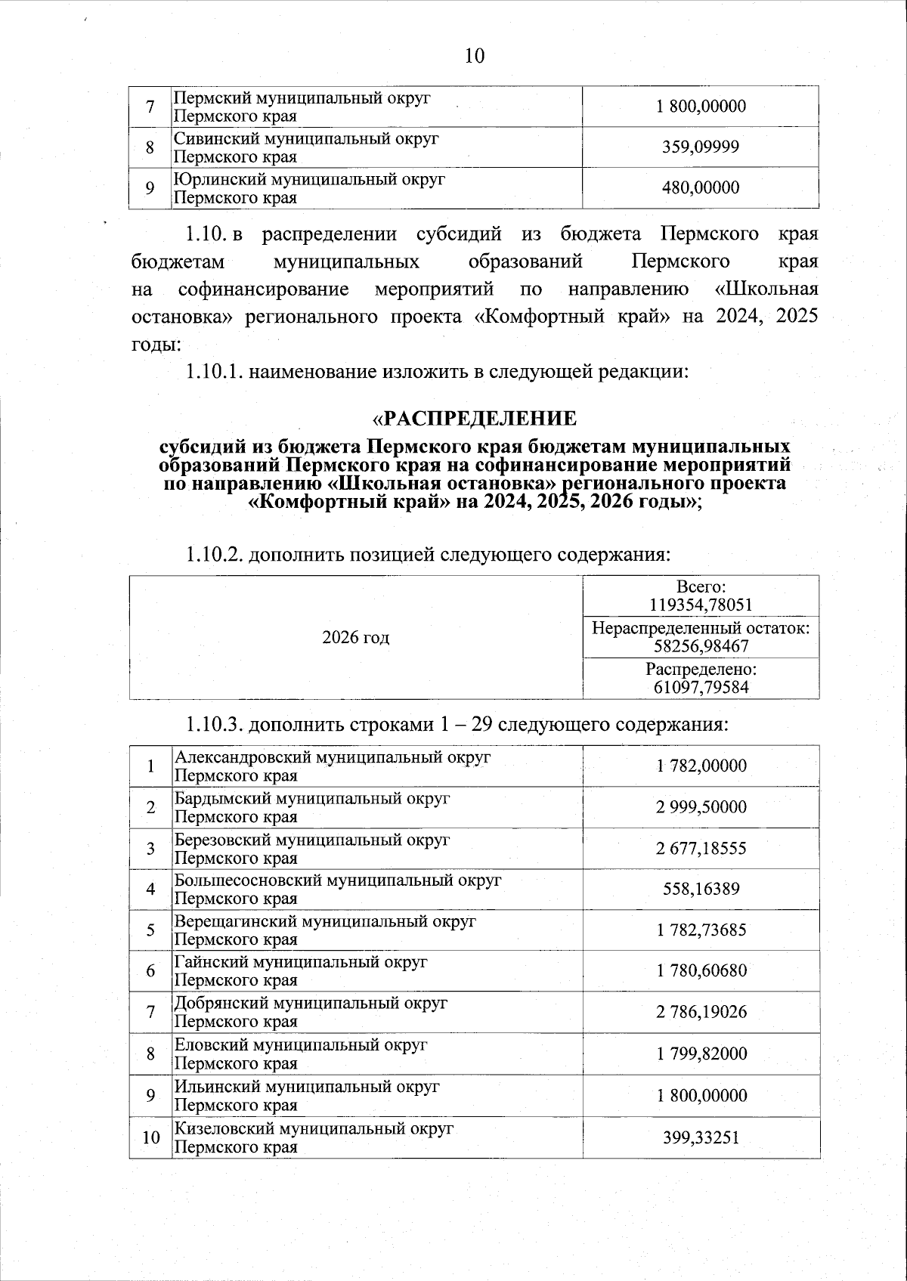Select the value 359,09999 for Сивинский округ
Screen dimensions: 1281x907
point(701,147)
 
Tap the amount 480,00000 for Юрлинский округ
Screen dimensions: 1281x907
point(701,187)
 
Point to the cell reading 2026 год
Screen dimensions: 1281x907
point(355,637)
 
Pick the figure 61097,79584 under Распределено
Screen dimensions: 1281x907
point(701,687)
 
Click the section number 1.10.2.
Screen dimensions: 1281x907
point(214,555)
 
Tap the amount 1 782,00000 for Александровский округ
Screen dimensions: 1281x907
point(701,766)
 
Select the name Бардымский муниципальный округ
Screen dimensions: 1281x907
point(312,798)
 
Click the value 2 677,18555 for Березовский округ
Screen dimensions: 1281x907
point(701,848)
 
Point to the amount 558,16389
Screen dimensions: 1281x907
point(701,889)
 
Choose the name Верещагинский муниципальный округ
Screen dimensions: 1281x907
point(325,921)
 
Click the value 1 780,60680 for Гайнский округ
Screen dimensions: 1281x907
point(701,970)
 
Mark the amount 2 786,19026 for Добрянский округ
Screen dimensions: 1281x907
point(701,1012)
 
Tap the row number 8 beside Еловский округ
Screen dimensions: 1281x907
point(151,1054)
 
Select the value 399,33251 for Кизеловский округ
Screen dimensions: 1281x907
point(701,1137)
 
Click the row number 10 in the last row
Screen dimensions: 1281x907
point(151,1137)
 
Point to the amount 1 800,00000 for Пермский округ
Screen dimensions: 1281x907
point(701,106)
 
